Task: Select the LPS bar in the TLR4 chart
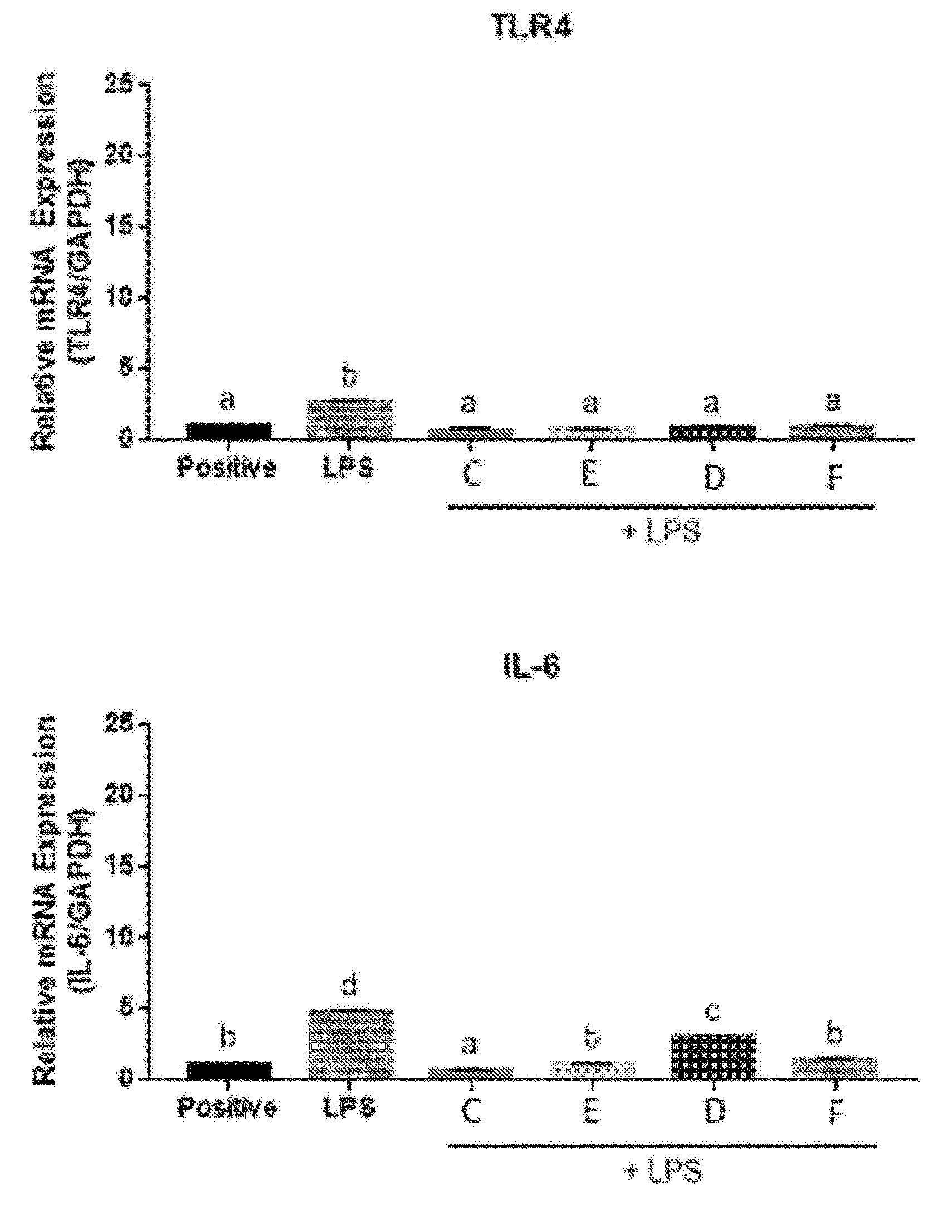350,419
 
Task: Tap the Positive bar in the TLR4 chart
228,430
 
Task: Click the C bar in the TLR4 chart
471,433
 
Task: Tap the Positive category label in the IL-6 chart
227,1106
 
